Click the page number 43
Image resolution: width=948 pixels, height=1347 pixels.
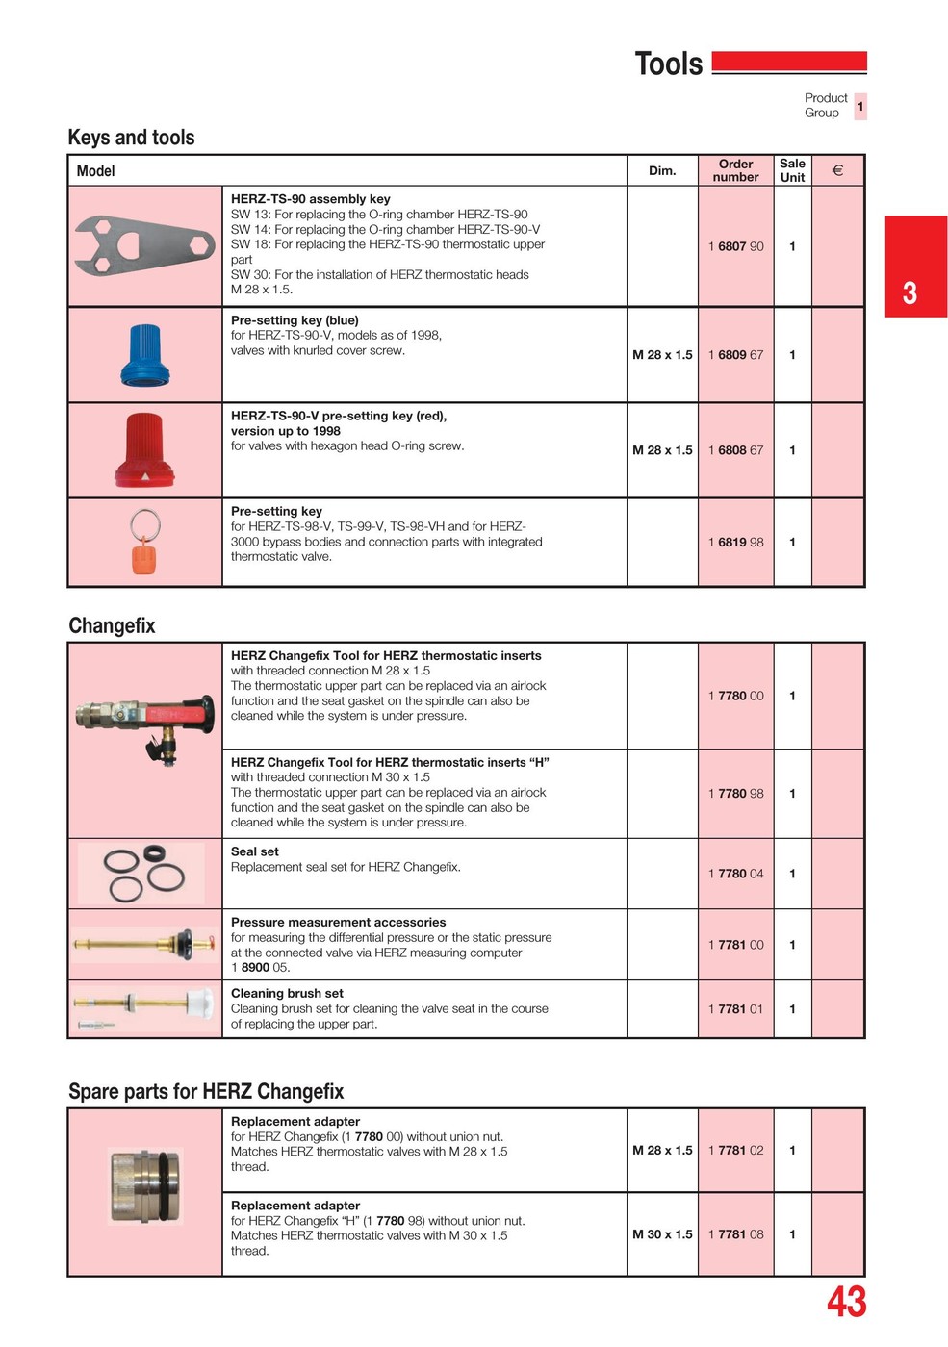click(x=846, y=1302)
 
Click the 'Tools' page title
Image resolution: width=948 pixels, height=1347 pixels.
click(x=669, y=64)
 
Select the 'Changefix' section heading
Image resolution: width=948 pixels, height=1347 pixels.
click(x=112, y=625)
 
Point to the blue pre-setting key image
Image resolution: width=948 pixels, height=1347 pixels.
click(x=145, y=355)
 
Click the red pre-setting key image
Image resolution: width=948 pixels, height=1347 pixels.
click(x=145, y=449)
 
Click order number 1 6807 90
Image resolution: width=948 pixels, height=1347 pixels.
click(x=735, y=246)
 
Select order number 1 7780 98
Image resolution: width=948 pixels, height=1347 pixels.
click(x=735, y=794)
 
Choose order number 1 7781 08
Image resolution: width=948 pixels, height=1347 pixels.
click(x=735, y=1234)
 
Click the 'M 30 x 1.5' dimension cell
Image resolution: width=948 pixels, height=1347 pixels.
click(x=662, y=1234)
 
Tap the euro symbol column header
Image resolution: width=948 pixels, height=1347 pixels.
click(x=837, y=170)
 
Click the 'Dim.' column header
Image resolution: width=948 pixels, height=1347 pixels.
click(x=662, y=170)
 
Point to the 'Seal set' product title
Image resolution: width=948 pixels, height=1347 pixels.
click(x=255, y=851)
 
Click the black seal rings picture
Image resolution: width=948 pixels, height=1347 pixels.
click(x=144, y=873)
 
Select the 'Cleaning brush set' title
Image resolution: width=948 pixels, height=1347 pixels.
click(x=287, y=993)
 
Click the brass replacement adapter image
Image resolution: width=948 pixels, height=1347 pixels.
click(x=144, y=1186)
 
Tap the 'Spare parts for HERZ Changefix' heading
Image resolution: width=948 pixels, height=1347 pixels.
click(x=206, y=1091)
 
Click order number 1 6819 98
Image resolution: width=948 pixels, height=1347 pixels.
click(x=735, y=542)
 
